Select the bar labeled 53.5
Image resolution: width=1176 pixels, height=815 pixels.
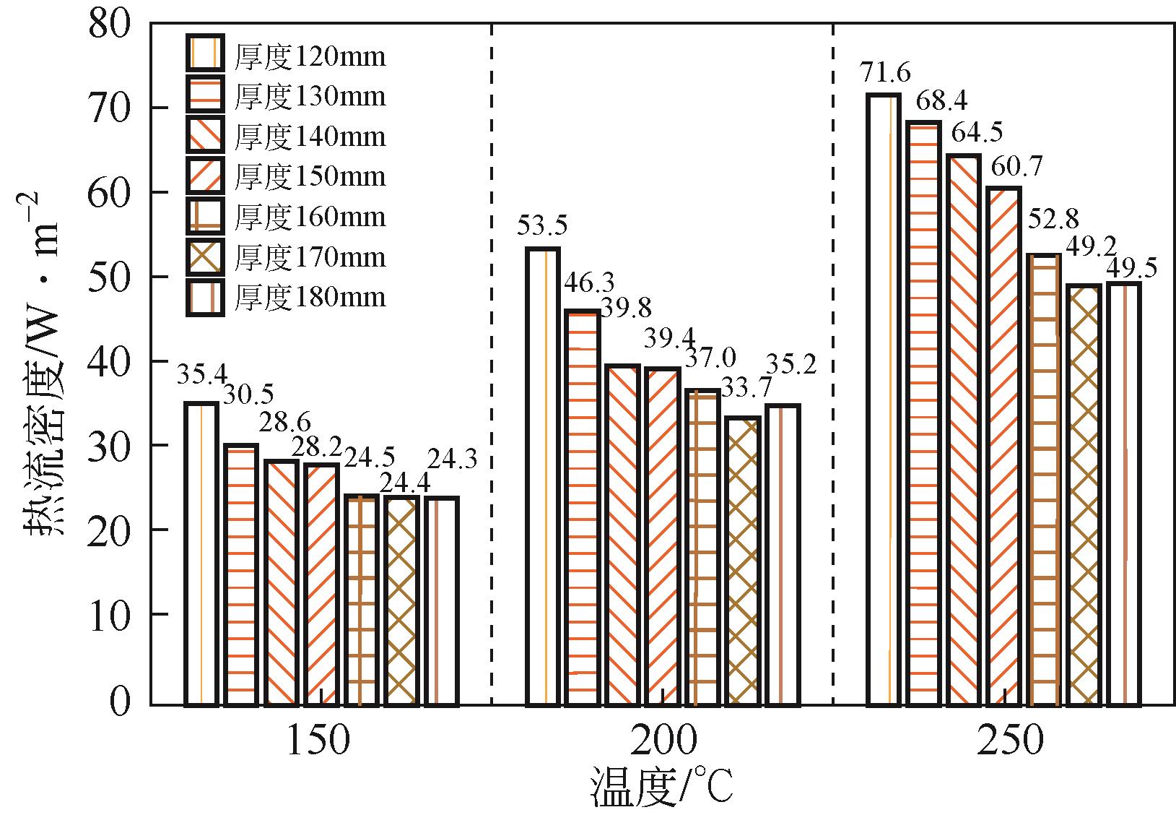(x=543, y=476)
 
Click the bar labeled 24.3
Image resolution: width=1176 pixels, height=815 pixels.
(x=441, y=600)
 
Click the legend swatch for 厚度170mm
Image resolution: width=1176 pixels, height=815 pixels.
(x=204, y=256)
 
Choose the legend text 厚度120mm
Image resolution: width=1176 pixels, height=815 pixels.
(x=310, y=56)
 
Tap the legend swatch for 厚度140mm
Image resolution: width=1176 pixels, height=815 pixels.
(x=204, y=136)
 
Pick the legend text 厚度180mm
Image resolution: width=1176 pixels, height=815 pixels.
(x=310, y=297)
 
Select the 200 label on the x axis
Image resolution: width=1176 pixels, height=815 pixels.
(x=663, y=741)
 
